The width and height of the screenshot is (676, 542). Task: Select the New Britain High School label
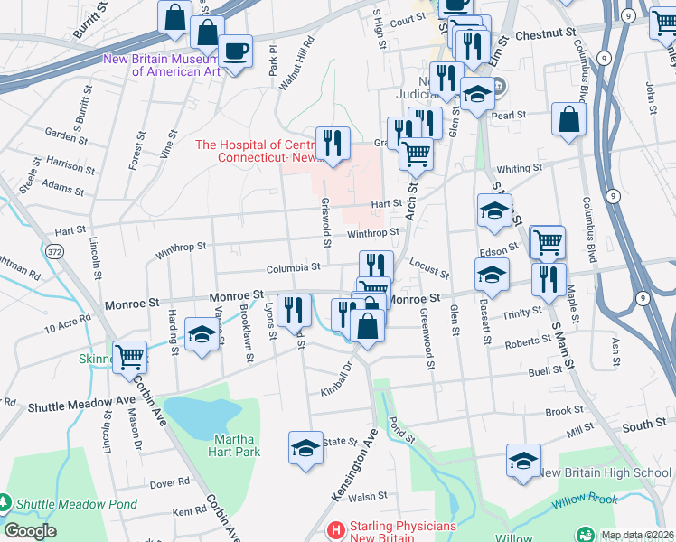[x=605, y=472]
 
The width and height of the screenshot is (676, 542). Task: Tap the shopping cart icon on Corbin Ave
[x=130, y=356]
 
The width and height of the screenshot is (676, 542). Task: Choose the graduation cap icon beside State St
[x=305, y=446]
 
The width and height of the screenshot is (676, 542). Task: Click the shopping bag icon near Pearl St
[x=569, y=121]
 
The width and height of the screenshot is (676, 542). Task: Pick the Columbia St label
[x=293, y=267]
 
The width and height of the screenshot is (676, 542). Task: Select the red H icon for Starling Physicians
[x=335, y=528]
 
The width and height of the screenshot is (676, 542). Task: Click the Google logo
[x=30, y=531]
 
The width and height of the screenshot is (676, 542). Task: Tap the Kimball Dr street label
[x=335, y=380]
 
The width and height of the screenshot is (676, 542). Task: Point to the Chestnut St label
[x=545, y=33]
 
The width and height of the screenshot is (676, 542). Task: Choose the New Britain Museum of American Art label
[x=162, y=66]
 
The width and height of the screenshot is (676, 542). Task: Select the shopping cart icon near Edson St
[x=547, y=241]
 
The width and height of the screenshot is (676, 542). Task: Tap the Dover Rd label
[x=170, y=483]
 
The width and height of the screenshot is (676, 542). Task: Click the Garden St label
[x=66, y=134]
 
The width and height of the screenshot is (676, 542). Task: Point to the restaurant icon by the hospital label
[x=333, y=143]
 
